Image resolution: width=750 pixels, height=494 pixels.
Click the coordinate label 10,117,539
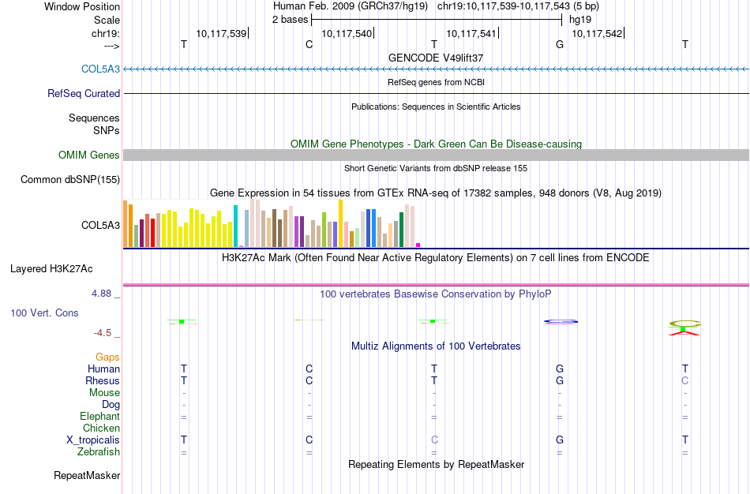pyautogui.click(x=221, y=33)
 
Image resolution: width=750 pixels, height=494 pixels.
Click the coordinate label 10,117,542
pyautogui.click(x=597, y=33)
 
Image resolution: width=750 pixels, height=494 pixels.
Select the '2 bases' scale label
pyautogui.click(x=290, y=20)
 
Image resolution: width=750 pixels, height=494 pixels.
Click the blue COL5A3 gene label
pyautogui.click(x=100, y=69)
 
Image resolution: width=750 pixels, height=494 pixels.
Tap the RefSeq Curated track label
pyautogui.click(x=84, y=93)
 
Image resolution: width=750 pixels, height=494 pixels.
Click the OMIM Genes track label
pyautogui.click(x=89, y=155)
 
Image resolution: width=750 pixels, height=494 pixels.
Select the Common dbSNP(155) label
pyautogui.click(x=70, y=180)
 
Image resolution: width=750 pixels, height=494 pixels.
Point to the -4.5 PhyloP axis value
pyautogui.click(x=108, y=333)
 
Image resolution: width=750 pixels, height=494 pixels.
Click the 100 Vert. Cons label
pyautogui.click(x=44, y=313)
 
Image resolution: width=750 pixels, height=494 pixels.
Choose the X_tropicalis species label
pyautogui.click(x=93, y=440)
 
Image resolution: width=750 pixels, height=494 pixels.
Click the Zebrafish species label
pyautogui.click(x=99, y=451)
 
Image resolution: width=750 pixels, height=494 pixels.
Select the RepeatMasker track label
pyautogui.click(x=87, y=475)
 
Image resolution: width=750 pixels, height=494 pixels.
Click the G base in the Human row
pyautogui.click(x=560, y=369)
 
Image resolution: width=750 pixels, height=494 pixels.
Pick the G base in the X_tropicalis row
pyautogui.click(x=560, y=440)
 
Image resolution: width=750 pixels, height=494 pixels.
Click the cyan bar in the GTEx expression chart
pyautogui.click(x=235, y=226)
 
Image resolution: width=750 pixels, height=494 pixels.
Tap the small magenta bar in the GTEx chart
pyautogui.click(x=418, y=245)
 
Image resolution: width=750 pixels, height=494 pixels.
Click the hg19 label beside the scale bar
pyautogui.click(x=580, y=20)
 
